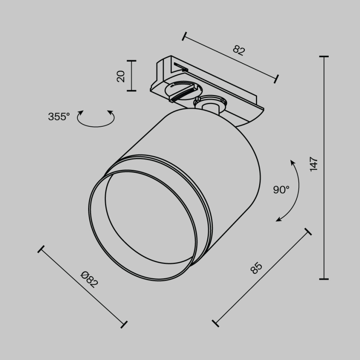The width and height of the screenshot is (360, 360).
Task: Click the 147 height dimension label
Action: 314,164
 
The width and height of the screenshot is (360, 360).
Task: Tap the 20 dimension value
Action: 121,76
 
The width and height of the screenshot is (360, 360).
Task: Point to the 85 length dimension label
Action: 256,268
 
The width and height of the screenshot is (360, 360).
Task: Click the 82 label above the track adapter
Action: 239,50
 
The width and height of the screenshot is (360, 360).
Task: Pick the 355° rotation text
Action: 59,117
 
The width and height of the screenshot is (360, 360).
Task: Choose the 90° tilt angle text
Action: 281,190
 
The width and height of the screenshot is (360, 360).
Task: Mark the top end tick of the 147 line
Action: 324,56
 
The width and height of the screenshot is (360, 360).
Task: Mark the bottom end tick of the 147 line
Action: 324,279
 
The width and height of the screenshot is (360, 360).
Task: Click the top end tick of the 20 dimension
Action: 131,61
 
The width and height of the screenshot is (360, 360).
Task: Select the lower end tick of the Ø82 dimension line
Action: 123,325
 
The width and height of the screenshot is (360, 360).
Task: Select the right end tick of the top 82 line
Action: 277,79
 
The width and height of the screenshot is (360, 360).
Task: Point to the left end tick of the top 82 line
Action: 184,37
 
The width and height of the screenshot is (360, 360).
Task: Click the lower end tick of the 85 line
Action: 215,323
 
